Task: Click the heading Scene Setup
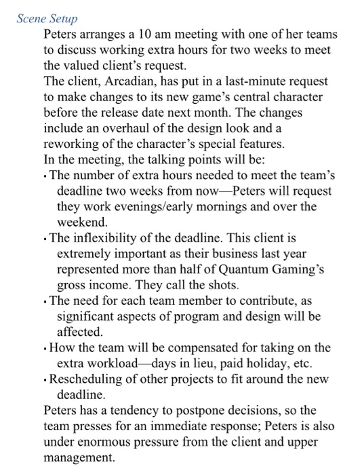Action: coord(47,18)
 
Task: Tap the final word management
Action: coord(79,458)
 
